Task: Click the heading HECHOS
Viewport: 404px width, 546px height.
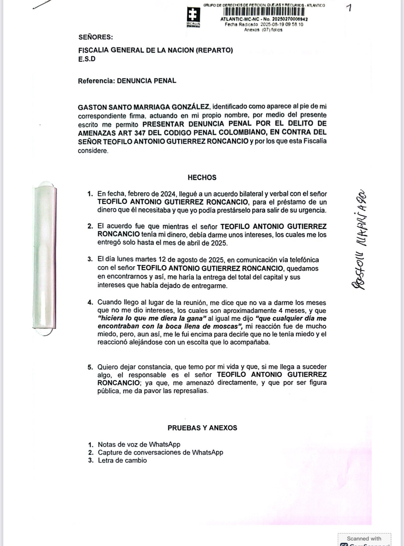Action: click(x=202, y=177)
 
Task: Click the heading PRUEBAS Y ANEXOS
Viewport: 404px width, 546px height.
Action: click(x=202, y=428)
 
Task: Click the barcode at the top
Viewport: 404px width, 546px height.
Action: click(x=264, y=12)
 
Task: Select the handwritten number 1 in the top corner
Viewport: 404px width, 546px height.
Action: click(x=348, y=8)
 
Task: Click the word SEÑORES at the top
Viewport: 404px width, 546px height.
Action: click(x=95, y=37)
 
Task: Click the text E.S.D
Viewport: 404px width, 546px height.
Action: click(x=87, y=59)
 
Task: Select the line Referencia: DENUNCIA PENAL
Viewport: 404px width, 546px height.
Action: click(x=127, y=81)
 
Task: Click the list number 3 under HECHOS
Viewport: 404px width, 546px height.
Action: click(x=90, y=260)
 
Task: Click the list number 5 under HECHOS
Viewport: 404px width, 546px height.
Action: click(x=90, y=367)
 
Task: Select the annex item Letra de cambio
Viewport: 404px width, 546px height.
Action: click(x=122, y=460)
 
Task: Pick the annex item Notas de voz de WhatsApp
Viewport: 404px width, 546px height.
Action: click(x=139, y=444)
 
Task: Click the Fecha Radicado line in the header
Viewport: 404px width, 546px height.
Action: click(x=264, y=25)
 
